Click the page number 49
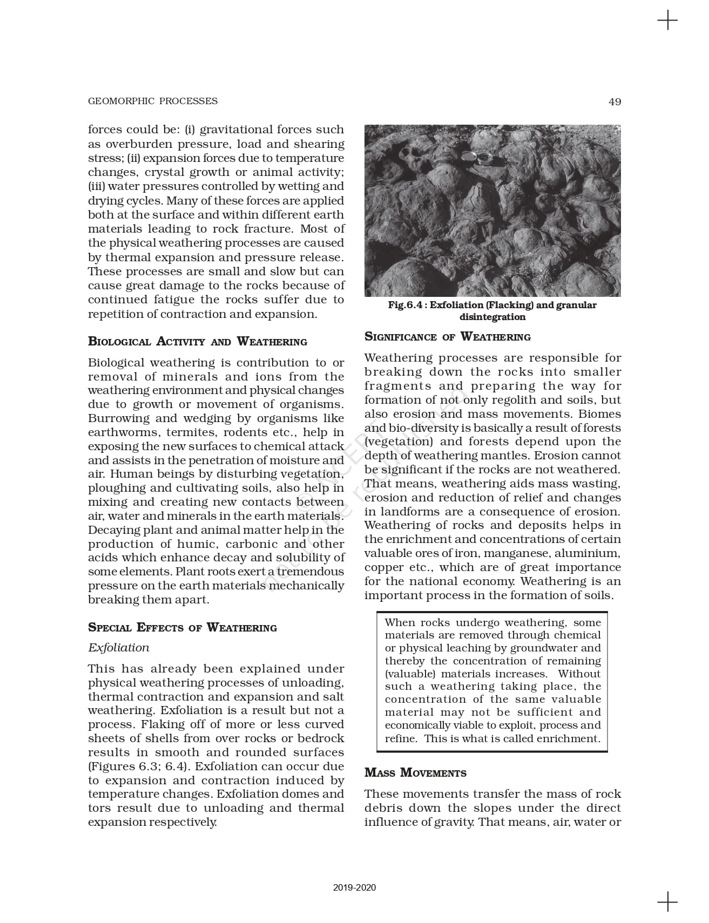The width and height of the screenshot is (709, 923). (615, 101)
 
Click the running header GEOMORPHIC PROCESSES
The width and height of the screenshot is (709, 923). (152, 101)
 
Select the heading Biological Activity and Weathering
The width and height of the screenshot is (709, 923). (197, 342)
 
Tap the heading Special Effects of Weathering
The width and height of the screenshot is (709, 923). (182, 627)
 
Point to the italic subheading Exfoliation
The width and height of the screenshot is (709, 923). (118, 648)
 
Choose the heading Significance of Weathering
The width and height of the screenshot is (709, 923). (447, 337)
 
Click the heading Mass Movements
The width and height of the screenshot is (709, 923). (415, 772)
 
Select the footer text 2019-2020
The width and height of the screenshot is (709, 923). (354, 887)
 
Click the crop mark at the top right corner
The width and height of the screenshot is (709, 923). (667, 21)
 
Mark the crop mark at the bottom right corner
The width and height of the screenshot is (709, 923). (667, 901)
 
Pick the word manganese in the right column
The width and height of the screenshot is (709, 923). (498, 553)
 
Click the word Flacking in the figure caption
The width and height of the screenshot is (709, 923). (510, 305)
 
